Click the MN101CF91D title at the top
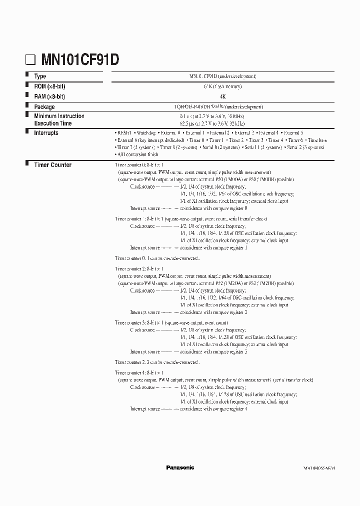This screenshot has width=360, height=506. (x=79, y=60)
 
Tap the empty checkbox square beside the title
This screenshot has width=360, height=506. (x=31, y=60)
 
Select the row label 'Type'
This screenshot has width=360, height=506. (x=40, y=76)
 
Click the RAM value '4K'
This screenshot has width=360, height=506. (x=222, y=96)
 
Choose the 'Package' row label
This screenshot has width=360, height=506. (x=44, y=107)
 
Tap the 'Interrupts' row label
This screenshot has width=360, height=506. (x=46, y=133)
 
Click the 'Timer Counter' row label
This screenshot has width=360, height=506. (x=52, y=165)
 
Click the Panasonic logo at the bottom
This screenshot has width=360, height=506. (x=180, y=467)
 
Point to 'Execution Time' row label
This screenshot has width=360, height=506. (x=52, y=123)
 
